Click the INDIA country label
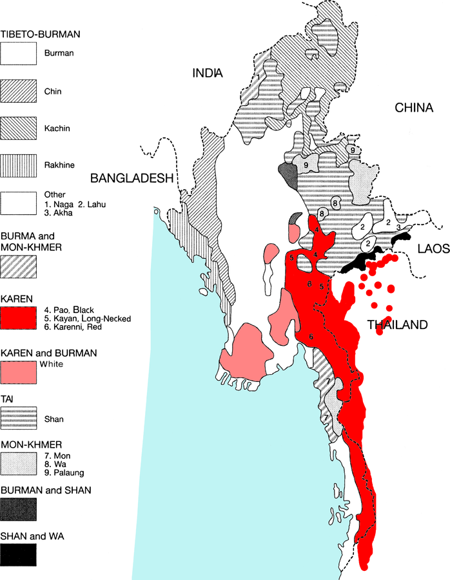[x=208, y=74]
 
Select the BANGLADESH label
[x=133, y=178]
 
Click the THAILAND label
[x=397, y=325]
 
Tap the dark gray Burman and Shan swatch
[x=18, y=510]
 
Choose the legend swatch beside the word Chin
[x=18, y=92]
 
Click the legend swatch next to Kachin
[x=18, y=129]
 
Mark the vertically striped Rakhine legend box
[x=18, y=166]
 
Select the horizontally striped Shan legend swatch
[x=18, y=419]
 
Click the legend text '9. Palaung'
[x=63, y=472]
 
